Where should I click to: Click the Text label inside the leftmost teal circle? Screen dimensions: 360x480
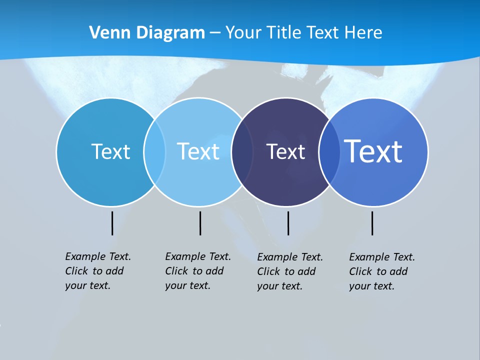pos(110,151)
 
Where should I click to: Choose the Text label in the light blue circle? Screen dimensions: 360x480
pos(198,151)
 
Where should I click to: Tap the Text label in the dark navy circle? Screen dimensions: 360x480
pos(285,151)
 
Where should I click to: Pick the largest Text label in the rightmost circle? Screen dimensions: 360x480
pos(373,151)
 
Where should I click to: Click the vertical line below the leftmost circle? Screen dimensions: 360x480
pos(112,223)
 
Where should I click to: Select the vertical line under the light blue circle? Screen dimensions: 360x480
pos(200,223)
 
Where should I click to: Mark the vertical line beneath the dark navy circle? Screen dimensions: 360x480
pos(288,223)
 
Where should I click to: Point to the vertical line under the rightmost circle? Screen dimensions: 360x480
pos(372,223)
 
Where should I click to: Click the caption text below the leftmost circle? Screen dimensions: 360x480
pos(98,271)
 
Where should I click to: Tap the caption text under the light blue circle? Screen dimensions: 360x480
pos(198,271)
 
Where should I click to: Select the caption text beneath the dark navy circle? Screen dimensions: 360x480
pos(290,271)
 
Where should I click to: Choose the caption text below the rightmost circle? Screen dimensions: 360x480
pos(382,271)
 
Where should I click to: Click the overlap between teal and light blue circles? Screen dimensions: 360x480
pos(154,152)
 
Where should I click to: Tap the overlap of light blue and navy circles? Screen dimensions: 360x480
pos(242,152)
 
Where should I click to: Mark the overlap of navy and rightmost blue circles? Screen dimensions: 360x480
pos(329,152)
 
